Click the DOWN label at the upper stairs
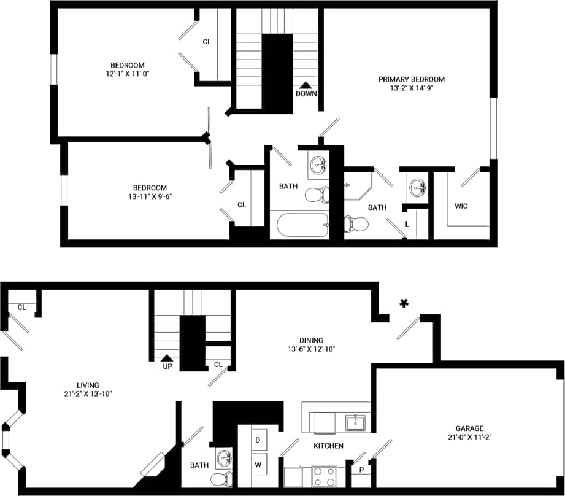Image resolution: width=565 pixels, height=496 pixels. point(306,94)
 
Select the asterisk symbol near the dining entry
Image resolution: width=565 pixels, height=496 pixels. point(404,303)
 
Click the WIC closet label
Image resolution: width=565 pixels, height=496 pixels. point(461,206)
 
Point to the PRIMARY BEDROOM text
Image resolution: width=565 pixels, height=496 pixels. point(411,79)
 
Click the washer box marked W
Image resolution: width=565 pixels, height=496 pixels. point(258,465)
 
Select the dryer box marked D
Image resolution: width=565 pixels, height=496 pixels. point(258,440)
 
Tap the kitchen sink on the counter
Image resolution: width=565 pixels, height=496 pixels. point(355,422)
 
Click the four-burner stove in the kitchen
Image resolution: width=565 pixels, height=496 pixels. point(325,476)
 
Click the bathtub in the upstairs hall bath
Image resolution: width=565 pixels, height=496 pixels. point(299,226)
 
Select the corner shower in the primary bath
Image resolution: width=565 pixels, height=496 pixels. point(355,187)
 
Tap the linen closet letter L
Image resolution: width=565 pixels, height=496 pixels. point(407,225)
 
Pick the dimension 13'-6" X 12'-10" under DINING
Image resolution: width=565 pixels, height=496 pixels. point(310,349)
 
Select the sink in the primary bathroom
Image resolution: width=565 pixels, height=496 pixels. point(417,187)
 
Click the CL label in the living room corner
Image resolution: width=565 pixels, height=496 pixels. point(21,308)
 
